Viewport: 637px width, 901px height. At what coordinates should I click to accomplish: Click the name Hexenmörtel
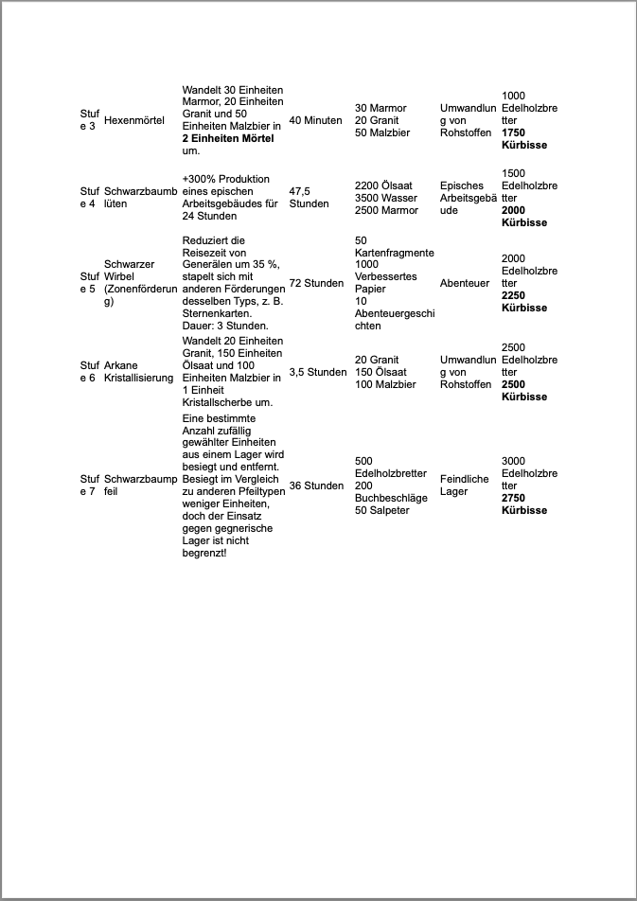[133, 120]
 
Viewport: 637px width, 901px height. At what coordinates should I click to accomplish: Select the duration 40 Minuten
[315, 120]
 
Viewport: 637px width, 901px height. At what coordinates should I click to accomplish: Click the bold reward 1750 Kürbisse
[523, 139]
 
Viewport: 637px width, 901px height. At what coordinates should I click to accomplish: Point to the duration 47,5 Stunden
[309, 197]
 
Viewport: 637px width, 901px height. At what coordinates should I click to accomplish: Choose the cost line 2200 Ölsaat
[386, 185]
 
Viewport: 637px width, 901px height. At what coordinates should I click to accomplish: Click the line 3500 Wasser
[386, 198]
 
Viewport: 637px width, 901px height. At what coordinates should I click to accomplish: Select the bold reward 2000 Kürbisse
[523, 216]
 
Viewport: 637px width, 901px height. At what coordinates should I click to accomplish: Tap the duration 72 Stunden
[316, 283]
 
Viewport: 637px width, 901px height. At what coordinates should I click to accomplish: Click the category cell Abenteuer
[464, 283]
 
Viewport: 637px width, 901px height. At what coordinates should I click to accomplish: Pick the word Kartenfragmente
[394, 253]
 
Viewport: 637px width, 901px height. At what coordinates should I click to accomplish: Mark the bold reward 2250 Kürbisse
[523, 302]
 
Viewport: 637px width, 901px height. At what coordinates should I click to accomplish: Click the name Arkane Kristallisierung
[138, 371]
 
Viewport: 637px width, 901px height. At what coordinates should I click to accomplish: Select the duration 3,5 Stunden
[317, 372]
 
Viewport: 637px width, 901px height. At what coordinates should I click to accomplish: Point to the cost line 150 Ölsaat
[382, 372]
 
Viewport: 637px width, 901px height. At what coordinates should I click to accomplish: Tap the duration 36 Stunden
[316, 486]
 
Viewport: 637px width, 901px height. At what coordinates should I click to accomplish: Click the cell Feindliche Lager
[464, 485]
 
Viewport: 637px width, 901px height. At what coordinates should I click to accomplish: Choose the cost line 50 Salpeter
[381, 510]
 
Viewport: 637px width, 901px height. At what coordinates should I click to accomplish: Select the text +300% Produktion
[225, 179]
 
